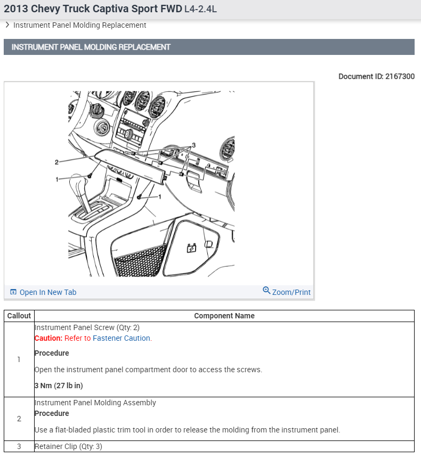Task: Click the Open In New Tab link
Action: (x=47, y=292)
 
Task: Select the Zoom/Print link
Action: (x=291, y=292)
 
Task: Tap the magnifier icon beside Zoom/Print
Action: (x=266, y=291)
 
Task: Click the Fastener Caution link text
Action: (x=122, y=338)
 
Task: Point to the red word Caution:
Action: (x=48, y=338)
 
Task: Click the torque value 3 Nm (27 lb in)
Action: (x=59, y=386)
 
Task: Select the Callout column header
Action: (x=19, y=316)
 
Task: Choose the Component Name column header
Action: (x=224, y=316)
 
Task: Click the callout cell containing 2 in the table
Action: (x=19, y=419)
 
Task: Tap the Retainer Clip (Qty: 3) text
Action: (x=68, y=446)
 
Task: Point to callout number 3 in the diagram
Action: (x=194, y=145)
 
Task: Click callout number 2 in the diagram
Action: (x=56, y=162)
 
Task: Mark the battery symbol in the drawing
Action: (x=190, y=248)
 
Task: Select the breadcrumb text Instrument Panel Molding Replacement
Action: (x=79, y=25)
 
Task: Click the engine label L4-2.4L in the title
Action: (x=200, y=9)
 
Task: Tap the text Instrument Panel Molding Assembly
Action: (x=95, y=403)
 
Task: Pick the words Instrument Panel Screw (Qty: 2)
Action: (x=87, y=327)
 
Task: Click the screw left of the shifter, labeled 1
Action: (x=91, y=175)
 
